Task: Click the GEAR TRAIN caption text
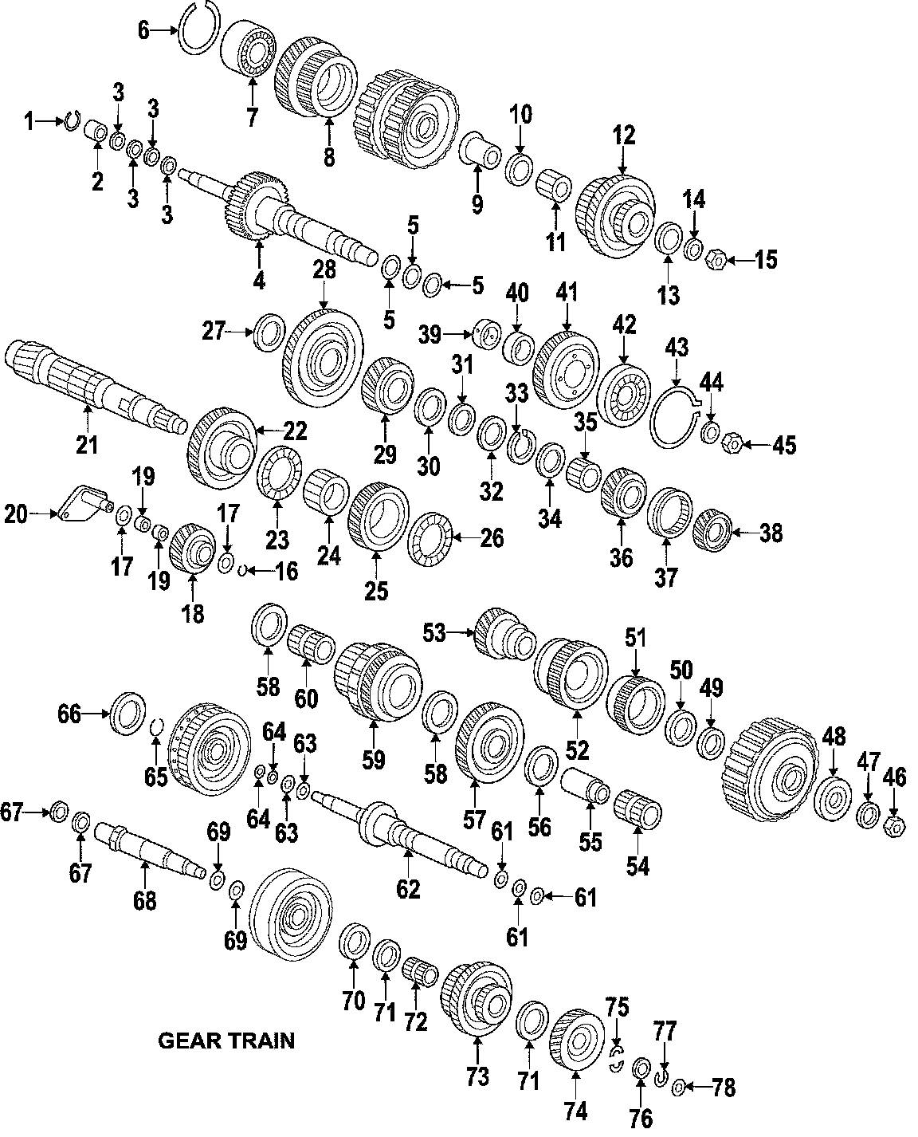click(x=226, y=1041)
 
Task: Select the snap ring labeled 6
click(x=198, y=29)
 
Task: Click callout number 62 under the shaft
click(x=408, y=888)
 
